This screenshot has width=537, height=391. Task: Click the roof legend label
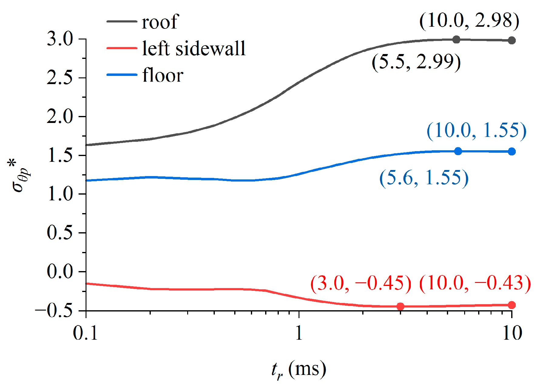(160, 22)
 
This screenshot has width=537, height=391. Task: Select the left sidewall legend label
(194, 49)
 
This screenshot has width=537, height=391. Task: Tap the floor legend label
(163, 75)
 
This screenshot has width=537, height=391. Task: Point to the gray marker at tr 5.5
(456, 39)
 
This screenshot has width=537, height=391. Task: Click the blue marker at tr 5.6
(458, 151)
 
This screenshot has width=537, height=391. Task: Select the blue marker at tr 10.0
(512, 151)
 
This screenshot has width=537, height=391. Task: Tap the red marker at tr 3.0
(400, 306)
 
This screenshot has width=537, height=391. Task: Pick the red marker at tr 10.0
(512, 305)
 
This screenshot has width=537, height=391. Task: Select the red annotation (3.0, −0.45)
(361, 283)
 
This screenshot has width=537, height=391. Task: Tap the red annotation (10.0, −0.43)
(475, 283)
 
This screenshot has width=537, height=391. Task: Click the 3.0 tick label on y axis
(60, 39)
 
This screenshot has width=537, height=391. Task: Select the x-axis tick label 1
(299, 333)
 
